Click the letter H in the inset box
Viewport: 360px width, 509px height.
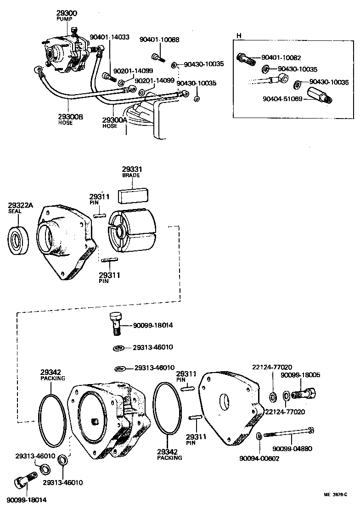[238, 35]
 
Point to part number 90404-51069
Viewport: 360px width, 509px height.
[282, 99]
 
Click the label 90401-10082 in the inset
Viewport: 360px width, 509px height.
[281, 58]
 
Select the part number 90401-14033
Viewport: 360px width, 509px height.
[109, 37]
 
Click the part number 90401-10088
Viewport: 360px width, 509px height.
[160, 40]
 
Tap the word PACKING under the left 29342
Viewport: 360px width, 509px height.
[52, 378]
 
